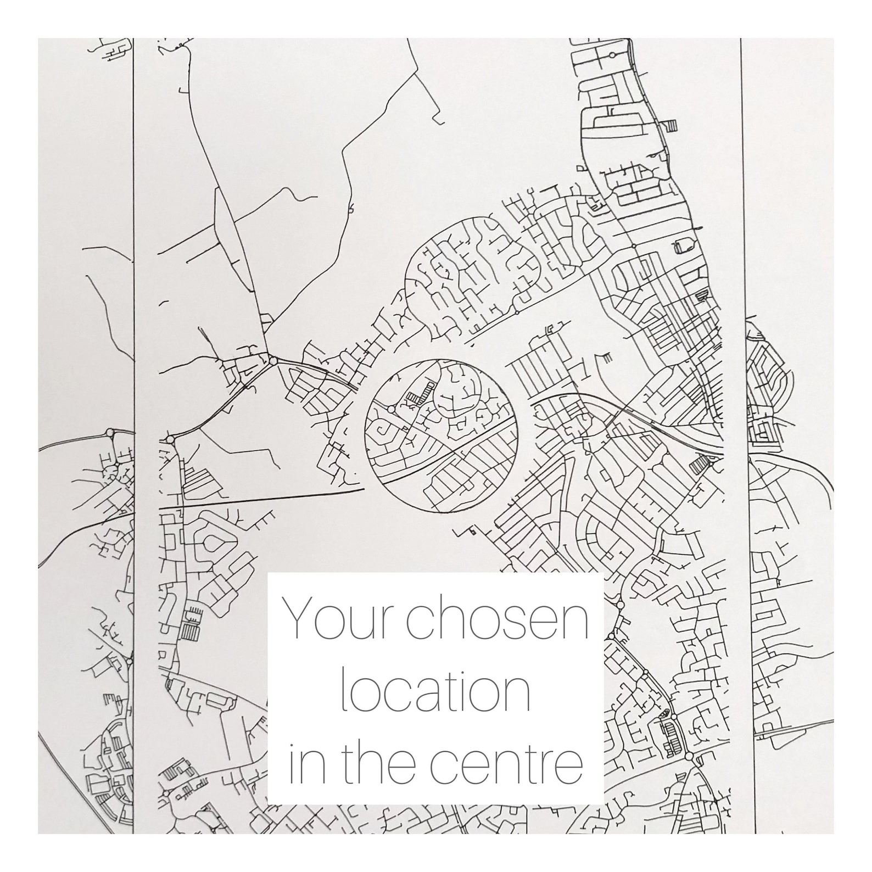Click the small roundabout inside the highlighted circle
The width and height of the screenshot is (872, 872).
point(392,410)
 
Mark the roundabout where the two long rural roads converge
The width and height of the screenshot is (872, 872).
point(272,361)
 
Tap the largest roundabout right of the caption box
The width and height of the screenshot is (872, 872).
point(689,756)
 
